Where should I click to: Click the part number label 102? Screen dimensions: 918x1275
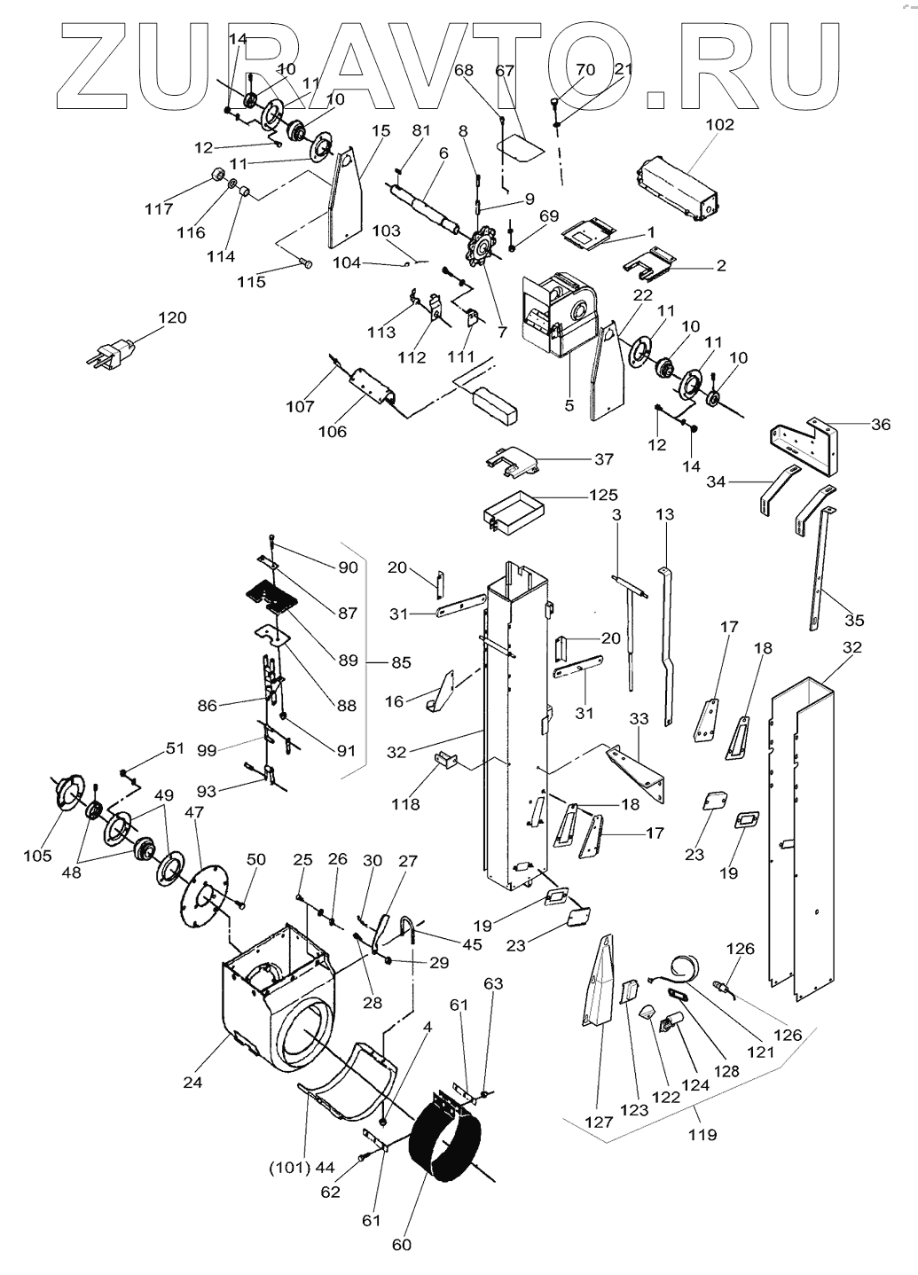720,125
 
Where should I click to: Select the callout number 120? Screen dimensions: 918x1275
173,317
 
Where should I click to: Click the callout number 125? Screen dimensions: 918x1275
604,495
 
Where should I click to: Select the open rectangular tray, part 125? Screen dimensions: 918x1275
512,513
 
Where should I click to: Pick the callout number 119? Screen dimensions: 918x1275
702,1134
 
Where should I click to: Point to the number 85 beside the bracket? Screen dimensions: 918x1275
402,662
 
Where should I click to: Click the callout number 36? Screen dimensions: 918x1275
881,424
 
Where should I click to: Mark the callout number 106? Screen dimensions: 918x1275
333,432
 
